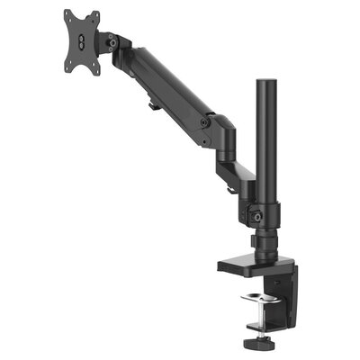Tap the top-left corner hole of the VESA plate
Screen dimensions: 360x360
68,15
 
